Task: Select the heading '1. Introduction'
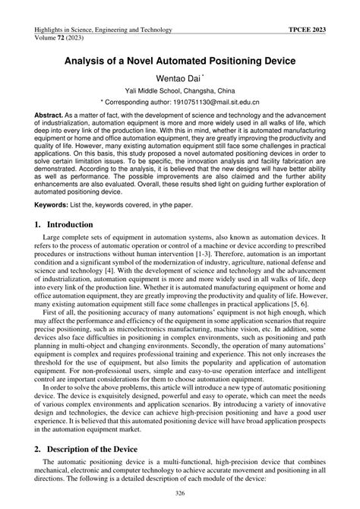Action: pyautogui.click(x=65, y=226)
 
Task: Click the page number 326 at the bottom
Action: pyautogui.click(x=179, y=495)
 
